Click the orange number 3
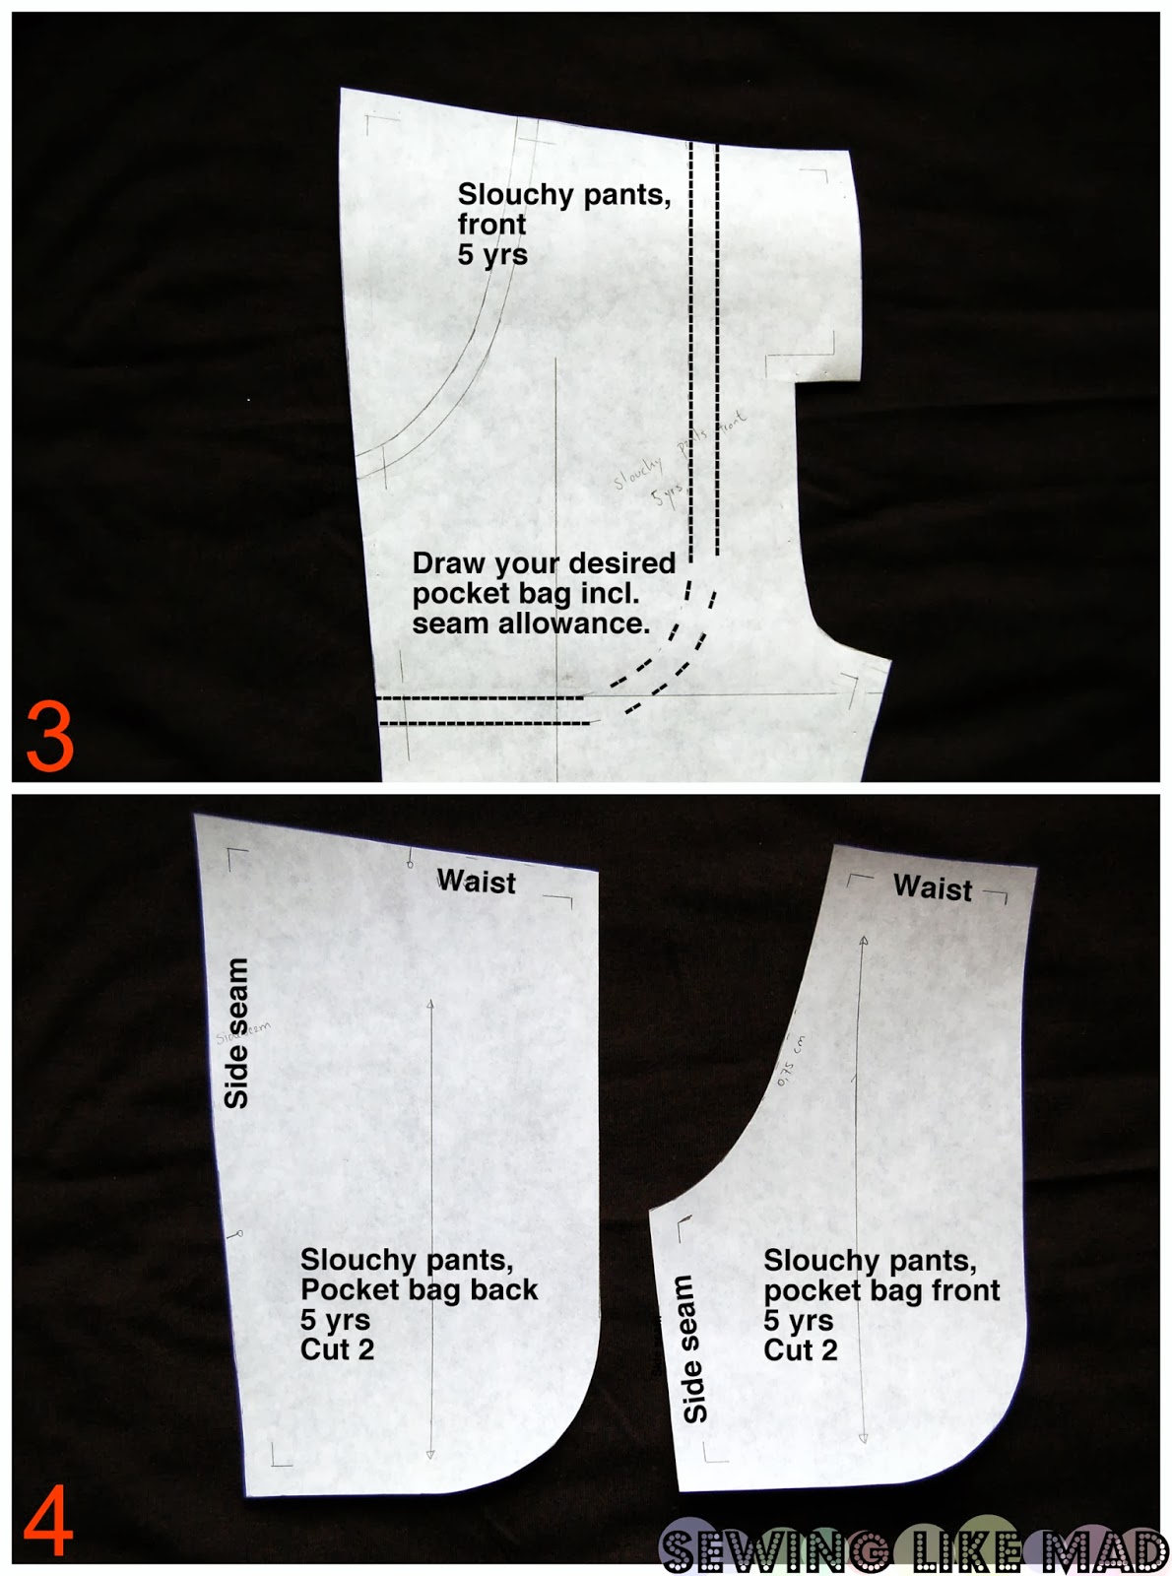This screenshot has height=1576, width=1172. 50,737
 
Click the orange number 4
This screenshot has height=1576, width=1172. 47,1521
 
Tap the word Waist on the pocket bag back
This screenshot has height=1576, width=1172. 476,881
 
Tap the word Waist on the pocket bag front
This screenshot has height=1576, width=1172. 932,887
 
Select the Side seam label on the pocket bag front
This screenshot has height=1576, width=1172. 694,1348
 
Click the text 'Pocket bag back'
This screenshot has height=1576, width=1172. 419,1289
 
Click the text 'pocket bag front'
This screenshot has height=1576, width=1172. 881,1290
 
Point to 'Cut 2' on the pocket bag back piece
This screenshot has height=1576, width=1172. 337,1349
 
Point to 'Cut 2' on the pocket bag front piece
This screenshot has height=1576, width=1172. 800,1350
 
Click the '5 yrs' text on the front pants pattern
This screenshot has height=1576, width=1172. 491,254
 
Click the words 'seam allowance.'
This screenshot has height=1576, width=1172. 531,624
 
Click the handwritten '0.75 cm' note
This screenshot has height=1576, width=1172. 791,1060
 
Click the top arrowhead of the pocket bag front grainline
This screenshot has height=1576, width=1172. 864,942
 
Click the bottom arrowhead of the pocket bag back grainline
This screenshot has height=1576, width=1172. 430,1454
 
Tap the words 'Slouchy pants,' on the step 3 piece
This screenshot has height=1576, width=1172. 563,194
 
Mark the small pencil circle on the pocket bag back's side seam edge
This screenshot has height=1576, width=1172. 238,1233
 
